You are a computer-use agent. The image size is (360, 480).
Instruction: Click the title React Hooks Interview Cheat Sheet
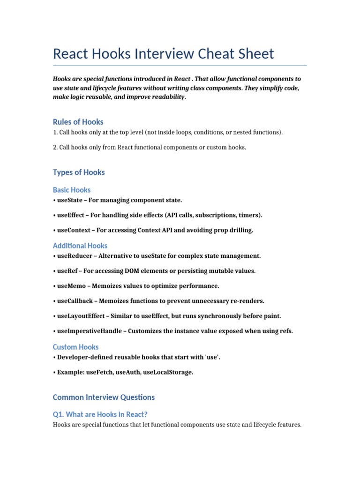click(x=163, y=53)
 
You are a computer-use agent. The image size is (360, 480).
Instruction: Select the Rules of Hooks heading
click(x=78, y=122)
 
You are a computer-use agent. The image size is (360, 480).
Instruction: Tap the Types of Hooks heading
click(x=79, y=172)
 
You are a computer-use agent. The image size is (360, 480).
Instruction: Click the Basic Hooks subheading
click(x=72, y=190)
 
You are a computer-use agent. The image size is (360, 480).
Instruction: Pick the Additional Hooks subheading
click(x=80, y=246)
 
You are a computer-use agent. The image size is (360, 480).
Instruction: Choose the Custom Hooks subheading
click(x=76, y=347)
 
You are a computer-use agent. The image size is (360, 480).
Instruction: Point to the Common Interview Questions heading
click(x=104, y=397)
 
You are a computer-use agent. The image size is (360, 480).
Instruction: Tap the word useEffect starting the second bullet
click(x=71, y=215)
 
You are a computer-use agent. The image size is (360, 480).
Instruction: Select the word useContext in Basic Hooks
click(x=74, y=230)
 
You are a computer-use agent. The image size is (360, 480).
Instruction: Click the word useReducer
click(x=74, y=256)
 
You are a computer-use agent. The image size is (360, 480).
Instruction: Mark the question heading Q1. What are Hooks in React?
click(x=100, y=414)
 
